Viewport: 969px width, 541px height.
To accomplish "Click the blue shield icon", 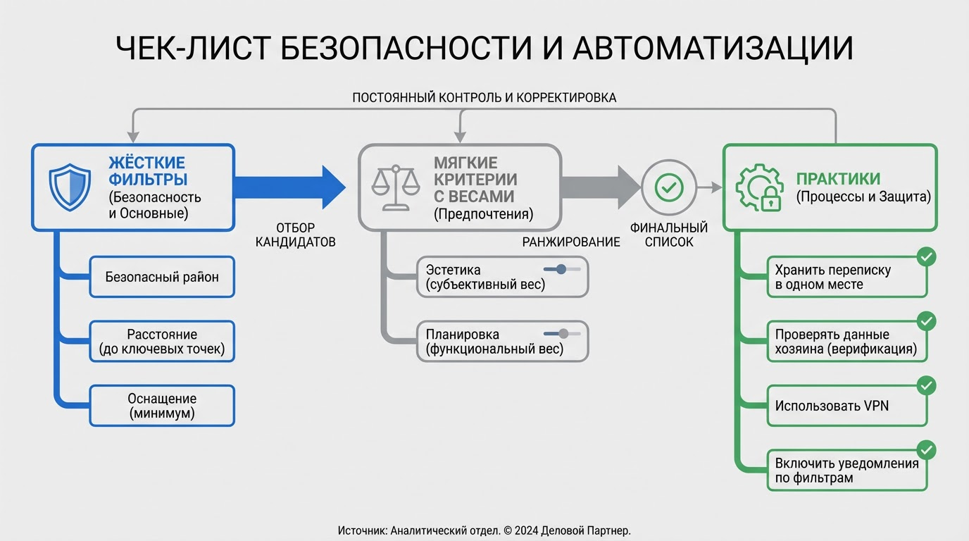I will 69,187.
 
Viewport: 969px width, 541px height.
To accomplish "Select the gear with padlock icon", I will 759,187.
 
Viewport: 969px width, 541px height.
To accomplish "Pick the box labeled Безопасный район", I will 162,277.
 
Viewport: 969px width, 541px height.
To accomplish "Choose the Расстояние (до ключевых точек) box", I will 162,342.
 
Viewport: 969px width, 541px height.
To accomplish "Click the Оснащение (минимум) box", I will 162,406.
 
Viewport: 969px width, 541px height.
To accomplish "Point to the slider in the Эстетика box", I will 561,269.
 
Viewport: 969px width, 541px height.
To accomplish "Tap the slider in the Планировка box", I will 563,334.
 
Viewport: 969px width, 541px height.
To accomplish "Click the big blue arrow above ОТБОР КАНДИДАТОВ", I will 289,187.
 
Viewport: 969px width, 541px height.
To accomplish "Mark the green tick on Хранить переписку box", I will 927,257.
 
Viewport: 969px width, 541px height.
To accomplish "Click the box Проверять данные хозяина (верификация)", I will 846,342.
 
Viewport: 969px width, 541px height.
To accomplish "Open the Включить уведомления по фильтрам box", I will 846,471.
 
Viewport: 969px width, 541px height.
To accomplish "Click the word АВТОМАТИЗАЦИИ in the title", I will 713,49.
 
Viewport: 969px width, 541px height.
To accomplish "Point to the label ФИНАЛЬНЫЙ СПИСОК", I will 668,235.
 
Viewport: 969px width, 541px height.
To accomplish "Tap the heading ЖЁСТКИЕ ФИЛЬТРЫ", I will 148,170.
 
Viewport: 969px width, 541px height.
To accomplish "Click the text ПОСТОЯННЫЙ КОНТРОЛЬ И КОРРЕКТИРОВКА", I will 484,98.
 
